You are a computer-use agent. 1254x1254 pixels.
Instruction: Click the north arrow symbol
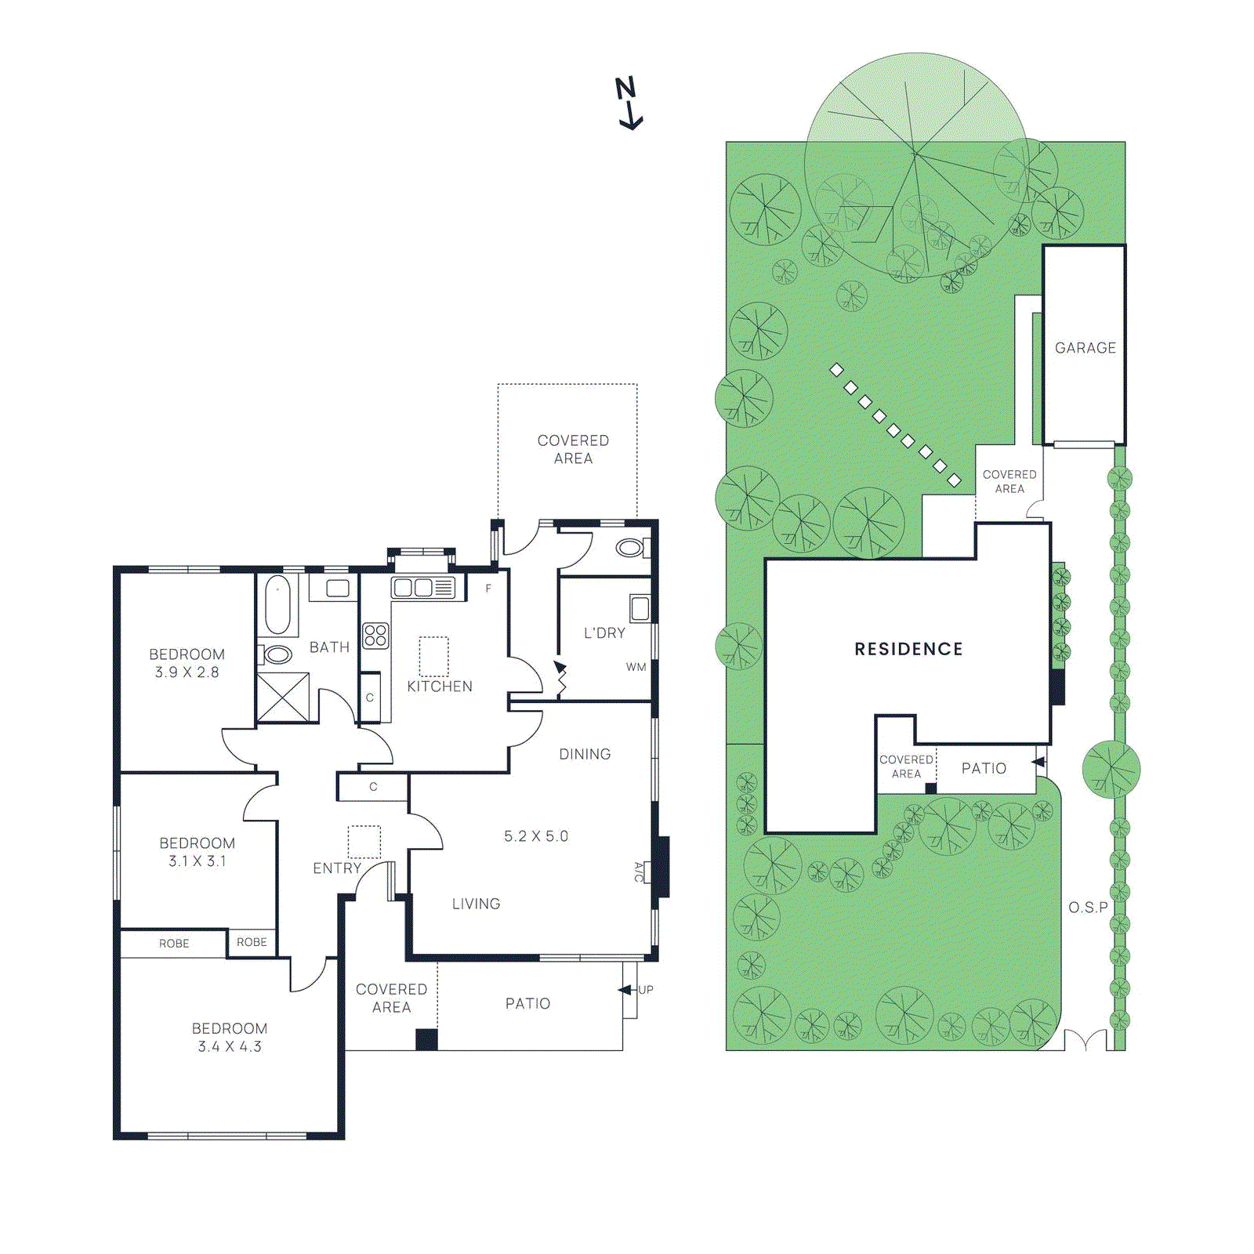tap(628, 103)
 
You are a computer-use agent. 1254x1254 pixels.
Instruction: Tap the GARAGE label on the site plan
tap(1085, 348)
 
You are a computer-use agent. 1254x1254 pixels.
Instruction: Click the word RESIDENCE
tap(908, 649)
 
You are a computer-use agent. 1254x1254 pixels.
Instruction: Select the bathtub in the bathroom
tap(277, 604)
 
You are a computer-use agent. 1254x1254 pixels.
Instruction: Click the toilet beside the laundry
tap(629, 548)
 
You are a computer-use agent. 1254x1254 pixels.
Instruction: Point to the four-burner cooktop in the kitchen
tap(375, 635)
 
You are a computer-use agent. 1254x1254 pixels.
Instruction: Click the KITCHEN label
tap(440, 687)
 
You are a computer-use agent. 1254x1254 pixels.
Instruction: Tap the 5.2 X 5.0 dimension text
tap(536, 836)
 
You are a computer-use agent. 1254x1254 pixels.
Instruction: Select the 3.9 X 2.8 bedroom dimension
tap(187, 672)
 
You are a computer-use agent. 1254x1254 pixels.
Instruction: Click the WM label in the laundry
tap(636, 667)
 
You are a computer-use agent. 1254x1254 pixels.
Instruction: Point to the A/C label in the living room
tap(638, 872)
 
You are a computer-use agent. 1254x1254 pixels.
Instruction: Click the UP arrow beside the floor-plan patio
tap(626, 990)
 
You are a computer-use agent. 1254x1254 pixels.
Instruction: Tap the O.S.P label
tap(1088, 908)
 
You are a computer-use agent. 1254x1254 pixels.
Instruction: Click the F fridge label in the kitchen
tap(488, 589)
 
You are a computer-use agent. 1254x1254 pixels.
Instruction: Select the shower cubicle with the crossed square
tap(283, 697)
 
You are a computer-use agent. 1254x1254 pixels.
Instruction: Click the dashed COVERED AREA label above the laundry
tap(573, 449)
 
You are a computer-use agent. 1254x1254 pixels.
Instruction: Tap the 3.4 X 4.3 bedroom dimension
tap(230, 1047)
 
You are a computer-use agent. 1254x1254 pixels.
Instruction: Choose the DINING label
tap(585, 754)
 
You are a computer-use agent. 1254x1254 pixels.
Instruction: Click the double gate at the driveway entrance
tap(1086, 1042)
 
